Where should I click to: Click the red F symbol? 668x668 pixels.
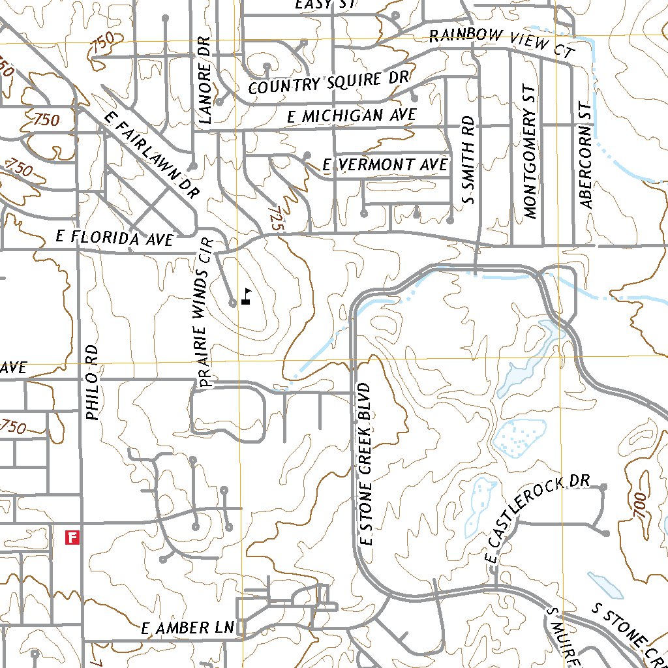pos(72,538)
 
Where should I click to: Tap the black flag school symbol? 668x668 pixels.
pos(246,297)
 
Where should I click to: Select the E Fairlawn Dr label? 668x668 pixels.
pos(151,154)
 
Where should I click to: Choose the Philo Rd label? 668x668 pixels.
pos(92,382)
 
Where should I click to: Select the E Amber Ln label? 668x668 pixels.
pos(188,629)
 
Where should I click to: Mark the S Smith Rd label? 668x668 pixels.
pos(468,160)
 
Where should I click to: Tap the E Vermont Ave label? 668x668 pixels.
pos(386,165)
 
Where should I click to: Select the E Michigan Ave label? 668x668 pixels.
pos(352,116)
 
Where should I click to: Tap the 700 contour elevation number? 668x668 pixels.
pos(639,505)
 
